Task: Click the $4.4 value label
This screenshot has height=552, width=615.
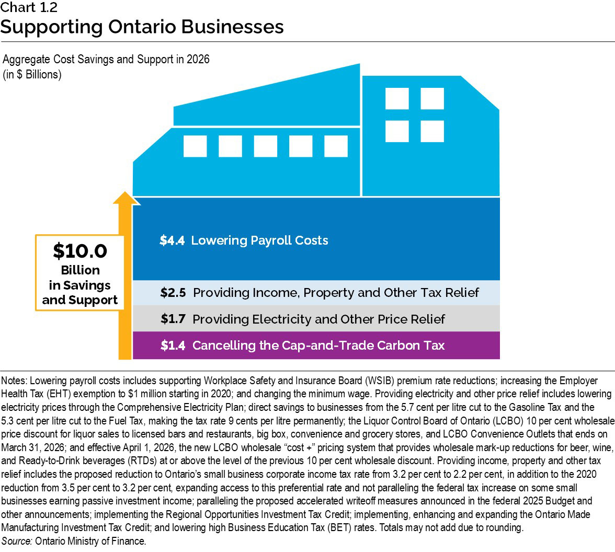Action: [172, 240]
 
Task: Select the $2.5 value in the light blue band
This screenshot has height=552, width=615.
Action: [173, 293]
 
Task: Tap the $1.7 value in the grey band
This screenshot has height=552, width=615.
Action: [173, 319]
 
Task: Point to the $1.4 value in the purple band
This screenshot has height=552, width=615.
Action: [173, 346]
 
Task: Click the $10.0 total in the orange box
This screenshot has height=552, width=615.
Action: [79, 251]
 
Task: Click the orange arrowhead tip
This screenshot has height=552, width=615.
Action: [124, 193]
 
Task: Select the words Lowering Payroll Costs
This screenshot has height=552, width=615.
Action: [259, 240]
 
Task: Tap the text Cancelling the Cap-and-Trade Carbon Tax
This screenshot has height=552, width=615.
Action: [318, 346]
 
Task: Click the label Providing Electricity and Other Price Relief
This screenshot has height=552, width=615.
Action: [318, 319]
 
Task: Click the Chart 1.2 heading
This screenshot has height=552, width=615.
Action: [29, 7]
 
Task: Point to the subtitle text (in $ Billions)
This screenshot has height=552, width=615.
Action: [32, 74]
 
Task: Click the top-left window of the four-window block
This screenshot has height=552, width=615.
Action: [397, 98]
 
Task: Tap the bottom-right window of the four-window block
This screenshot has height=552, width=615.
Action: [432, 131]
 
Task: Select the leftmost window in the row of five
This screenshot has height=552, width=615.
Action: [195, 146]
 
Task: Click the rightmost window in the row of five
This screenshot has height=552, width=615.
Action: [336, 146]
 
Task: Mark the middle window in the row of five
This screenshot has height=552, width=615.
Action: [265, 146]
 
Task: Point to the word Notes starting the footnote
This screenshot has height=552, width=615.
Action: [14, 381]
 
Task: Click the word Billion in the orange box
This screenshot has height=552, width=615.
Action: [80, 270]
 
